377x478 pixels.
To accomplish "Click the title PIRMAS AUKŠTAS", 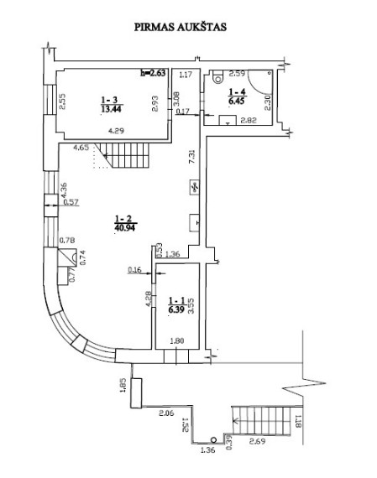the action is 181,27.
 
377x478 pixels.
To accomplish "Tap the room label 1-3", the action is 109,100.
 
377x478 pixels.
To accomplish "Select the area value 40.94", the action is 124,227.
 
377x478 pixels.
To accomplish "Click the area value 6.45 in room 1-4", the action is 236,101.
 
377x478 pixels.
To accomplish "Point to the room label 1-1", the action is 176,301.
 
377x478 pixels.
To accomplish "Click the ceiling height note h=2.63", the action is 153,73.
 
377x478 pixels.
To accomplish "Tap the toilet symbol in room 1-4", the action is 218,77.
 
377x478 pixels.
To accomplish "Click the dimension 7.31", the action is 191,156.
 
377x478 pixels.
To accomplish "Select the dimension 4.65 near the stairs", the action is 81,148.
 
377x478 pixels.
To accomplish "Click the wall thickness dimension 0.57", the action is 71,202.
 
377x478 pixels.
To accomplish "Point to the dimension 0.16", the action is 134,270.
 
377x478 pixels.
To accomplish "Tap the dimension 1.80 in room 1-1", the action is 177,340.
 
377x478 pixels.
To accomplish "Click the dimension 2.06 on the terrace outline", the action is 166,413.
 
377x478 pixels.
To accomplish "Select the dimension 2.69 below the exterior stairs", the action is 257,441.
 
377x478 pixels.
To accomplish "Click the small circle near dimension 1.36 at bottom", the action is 213,440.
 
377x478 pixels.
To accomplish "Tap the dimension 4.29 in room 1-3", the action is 116,131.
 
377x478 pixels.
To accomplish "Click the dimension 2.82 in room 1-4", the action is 249,121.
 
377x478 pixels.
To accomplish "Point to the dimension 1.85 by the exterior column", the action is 123,385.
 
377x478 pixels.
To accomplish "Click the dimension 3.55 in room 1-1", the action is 191,306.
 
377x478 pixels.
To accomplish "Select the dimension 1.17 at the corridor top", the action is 186,74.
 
